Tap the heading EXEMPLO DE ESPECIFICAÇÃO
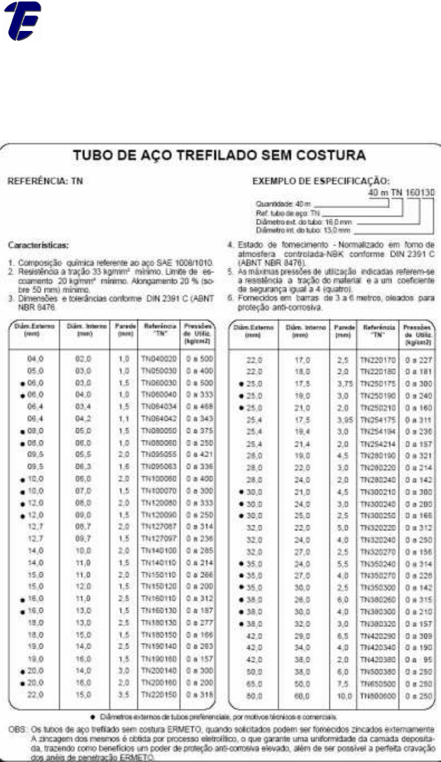pos(320,182)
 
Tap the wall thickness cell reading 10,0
pos(341,696)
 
